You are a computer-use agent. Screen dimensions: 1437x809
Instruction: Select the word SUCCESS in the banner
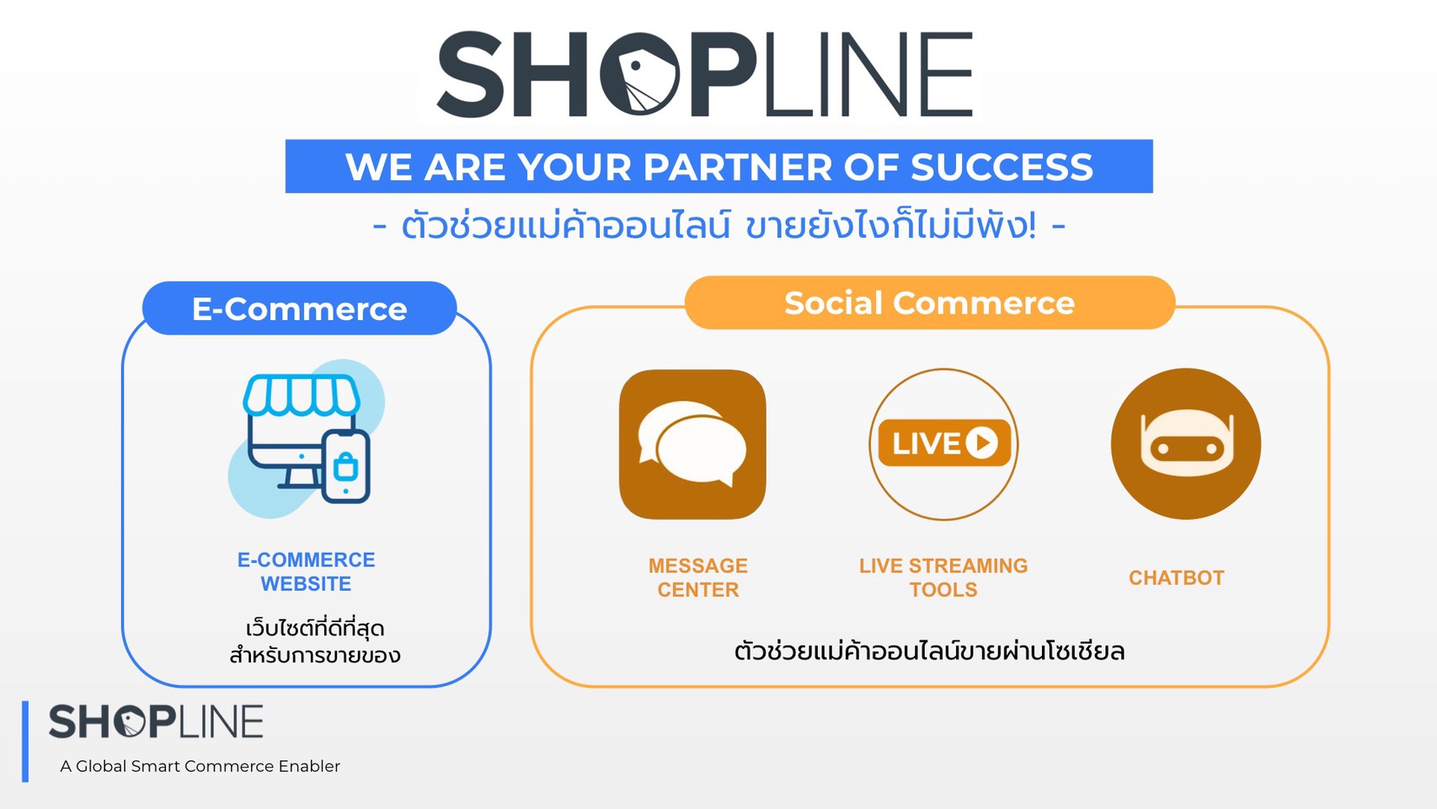pyautogui.click(x=1002, y=167)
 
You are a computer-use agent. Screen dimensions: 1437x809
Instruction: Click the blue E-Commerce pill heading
pyautogui.click(x=300, y=308)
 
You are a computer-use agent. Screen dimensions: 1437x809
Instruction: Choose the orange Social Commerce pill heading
pyautogui.click(x=930, y=303)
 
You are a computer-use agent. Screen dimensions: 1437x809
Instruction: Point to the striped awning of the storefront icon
pyautogui.click(x=301, y=394)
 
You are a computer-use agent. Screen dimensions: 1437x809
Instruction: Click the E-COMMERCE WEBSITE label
pyautogui.click(x=306, y=571)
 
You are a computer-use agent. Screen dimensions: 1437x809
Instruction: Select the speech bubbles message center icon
pyautogui.click(x=692, y=444)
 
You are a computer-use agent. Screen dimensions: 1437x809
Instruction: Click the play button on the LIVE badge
pyautogui.click(x=982, y=443)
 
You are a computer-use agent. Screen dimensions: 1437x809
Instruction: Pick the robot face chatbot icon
pyautogui.click(x=1186, y=443)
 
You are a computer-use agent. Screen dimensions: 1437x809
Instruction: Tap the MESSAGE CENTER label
pyautogui.click(x=698, y=577)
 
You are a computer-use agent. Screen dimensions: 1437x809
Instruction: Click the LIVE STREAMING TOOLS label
pyautogui.click(x=943, y=577)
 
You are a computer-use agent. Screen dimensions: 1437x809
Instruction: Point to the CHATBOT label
pyautogui.click(x=1177, y=578)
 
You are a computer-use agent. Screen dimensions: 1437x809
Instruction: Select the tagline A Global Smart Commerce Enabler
pyautogui.click(x=200, y=766)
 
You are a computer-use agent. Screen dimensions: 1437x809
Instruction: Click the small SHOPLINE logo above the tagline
pyautogui.click(x=156, y=721)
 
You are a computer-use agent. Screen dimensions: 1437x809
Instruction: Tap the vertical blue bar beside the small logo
pyautogui.click(x=25, y=742)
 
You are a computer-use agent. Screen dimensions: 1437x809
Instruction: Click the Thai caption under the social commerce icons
pyautogui.click(x=930, y=651)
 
